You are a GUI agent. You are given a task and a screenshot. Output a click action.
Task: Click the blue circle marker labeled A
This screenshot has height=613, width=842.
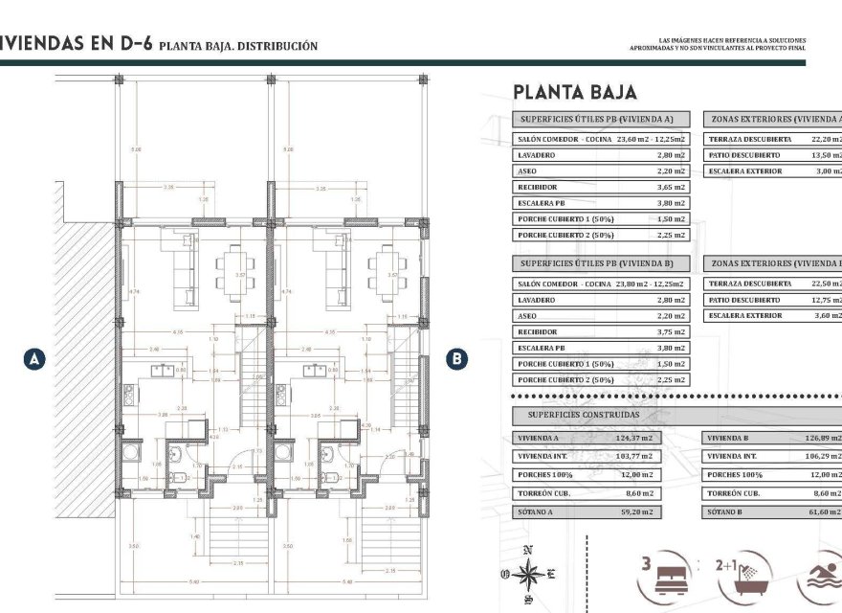pos(34,359)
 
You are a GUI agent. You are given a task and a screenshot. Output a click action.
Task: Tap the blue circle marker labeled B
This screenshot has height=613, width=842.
pos(458,359)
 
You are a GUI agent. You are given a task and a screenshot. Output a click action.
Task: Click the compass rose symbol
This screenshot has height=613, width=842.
pos(527,575)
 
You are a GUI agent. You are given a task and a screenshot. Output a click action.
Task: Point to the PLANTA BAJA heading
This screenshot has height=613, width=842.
pos(574,92)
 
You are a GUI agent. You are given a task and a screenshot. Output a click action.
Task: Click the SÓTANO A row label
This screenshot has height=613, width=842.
pos(538,511)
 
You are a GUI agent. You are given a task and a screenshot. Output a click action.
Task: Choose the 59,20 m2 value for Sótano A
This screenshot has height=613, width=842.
pos(636,511)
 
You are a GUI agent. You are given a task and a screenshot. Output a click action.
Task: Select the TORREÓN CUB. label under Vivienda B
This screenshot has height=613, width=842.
pos(733,493)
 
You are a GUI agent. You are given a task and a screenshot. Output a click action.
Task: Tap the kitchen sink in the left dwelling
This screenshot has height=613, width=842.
pos(159,368)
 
